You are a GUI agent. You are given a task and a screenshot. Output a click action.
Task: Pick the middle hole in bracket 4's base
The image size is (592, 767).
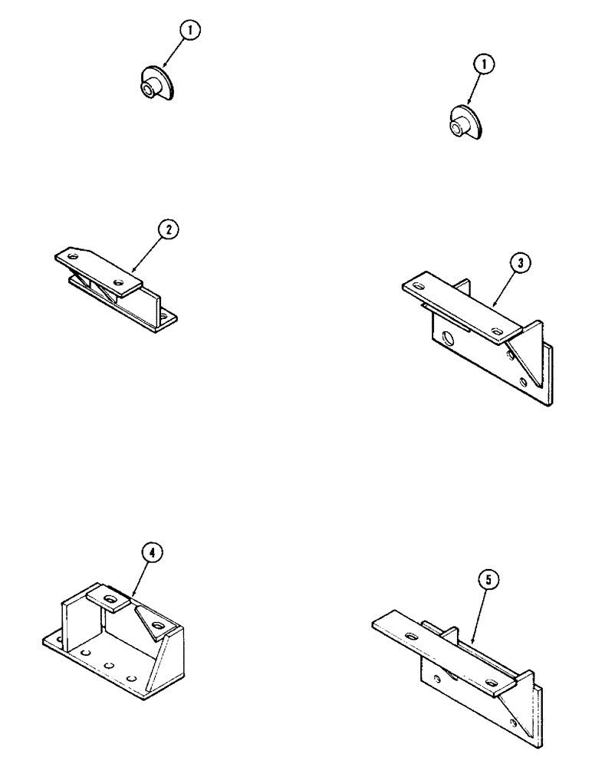(110, 665)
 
